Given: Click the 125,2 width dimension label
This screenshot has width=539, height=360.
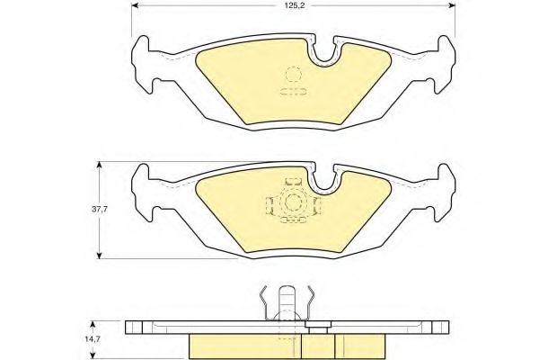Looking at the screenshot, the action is tap(293, 6).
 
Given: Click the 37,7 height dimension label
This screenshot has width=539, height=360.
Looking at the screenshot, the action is tap(100, 209).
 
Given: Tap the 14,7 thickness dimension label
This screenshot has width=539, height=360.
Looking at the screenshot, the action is tap(93, 339).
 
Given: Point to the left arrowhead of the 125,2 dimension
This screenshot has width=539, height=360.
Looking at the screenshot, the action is tap(136, 5).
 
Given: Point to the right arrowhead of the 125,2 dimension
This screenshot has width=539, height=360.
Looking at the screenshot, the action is tap(452, 5).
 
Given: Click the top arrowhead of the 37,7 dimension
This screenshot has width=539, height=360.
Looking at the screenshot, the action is tap(100, 165).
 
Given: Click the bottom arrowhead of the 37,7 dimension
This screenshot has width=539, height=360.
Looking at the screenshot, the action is tap(100, 256).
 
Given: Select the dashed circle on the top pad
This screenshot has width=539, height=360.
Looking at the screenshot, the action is tap(293, 75).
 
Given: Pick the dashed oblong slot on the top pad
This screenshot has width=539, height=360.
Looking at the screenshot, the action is tap(293, 92).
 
